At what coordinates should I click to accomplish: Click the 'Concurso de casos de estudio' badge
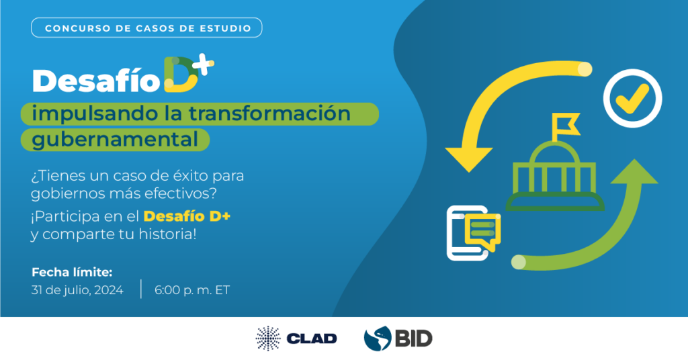coord(146,28)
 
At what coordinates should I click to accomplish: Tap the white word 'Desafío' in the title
coord(96,81)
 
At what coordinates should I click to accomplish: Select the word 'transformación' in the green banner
coord(269,114)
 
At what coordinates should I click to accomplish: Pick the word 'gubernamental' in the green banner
coord(115,140)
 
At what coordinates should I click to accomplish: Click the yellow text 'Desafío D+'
coord(187,216)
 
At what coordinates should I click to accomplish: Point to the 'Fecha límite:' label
coord(72,272)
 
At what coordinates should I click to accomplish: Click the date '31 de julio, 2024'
coord(77,290)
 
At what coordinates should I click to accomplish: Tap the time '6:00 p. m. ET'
coord(191,290)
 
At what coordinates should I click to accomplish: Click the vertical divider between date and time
coord(141,289)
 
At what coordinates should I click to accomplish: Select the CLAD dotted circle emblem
coord(268,339)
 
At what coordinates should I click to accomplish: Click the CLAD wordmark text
coord(312,339)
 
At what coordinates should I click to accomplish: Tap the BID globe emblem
coord(378,339)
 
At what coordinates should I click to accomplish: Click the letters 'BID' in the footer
coord(413,339)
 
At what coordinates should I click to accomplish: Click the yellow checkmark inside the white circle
coord(632,99)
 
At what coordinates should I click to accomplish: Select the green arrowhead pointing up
coord(634,172)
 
